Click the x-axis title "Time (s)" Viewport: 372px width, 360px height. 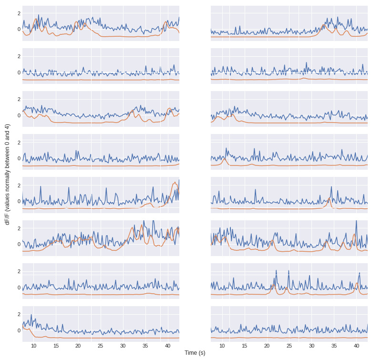click(x=195, y=353)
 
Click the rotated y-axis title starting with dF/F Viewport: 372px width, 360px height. click(x=7, y=175)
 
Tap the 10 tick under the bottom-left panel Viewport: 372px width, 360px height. click(x=33, y=346)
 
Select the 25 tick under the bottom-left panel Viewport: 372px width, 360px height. click(x=101, y=346)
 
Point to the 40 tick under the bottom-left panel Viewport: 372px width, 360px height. click(x=168, y=346)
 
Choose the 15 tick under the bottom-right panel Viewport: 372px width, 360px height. click(x=244, y=346)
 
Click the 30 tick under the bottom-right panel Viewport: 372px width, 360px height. click(x=311, y=346)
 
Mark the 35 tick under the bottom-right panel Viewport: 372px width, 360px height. click(x=334, y=346)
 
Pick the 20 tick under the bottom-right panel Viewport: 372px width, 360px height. click(x=267, y=346)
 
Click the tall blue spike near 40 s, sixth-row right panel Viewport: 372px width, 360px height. click(x=356, y=221)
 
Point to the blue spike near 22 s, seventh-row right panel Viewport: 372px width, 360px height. click(x=276, y=271)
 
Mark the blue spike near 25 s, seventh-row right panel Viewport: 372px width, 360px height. click(x=289, y=271)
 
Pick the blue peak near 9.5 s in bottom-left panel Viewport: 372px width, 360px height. click(x=31, y=315)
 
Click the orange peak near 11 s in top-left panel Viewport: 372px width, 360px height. click(x=37, y=20)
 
